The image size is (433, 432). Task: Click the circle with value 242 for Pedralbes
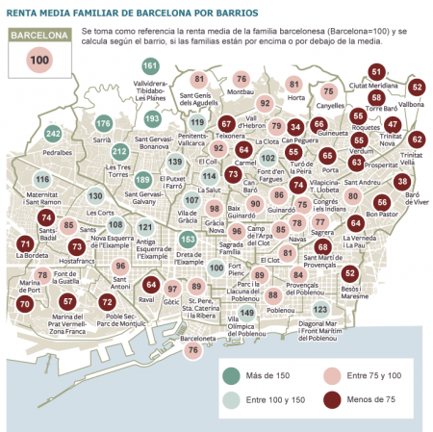tap(54, 134)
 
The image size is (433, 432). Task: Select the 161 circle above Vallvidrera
tap(150, 66)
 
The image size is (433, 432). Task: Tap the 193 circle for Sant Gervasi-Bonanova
tap(151, 118)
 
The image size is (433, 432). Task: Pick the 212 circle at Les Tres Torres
tap(120, 152)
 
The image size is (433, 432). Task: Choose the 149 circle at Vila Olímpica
tap(247, 313)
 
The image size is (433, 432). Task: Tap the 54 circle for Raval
tap(150, 285)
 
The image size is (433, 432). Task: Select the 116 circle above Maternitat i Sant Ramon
tap(42, 180)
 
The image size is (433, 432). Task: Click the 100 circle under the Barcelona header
tap(39, 60)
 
